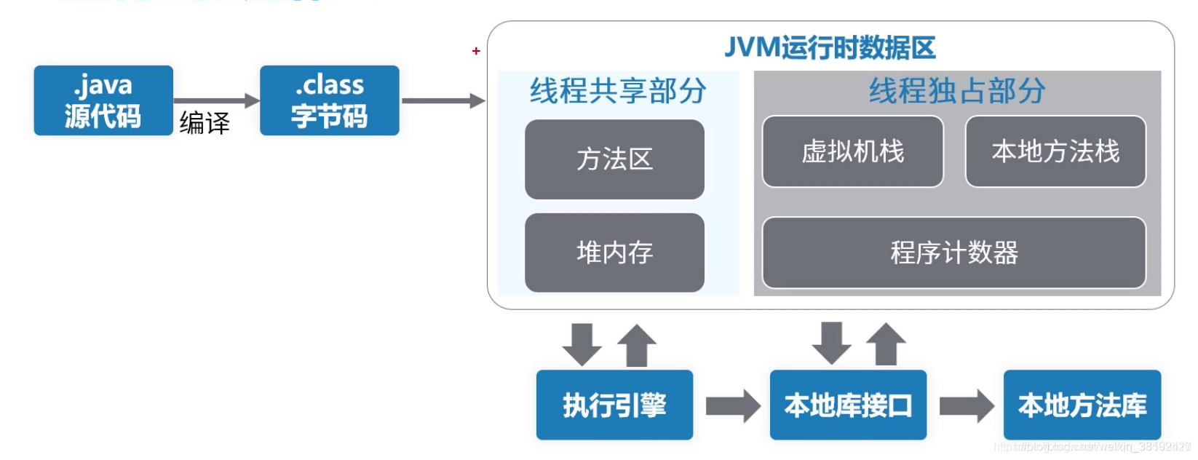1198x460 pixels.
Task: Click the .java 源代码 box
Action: coord(103,100)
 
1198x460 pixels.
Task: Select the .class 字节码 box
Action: coord(329,100)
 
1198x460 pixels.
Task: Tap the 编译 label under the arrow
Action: coord(205,122)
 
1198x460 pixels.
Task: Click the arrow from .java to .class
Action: coord(216,100)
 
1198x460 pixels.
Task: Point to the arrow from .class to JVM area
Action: coord(443,100)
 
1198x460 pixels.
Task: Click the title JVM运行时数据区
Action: coord(830,48)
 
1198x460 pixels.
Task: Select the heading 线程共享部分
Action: coord(618,91)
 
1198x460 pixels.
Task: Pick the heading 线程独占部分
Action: coord(956,91)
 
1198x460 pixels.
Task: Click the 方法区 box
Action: coord(614,159)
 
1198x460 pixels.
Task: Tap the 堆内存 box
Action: coord(614,253)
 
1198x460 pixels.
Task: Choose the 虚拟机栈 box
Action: coord(852,151)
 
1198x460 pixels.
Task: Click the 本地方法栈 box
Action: coord(1055,151)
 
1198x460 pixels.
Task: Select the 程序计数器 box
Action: coord(953,253)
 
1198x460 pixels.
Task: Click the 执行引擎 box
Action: coord(614,405)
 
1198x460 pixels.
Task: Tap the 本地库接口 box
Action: coord(848,405)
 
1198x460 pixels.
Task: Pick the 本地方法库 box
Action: coord(1082,405)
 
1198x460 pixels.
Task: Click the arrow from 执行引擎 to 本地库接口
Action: coord(732,405)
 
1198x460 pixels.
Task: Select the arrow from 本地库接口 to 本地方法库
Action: coord(966,405)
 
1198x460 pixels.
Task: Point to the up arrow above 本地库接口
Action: coord(886,344)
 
